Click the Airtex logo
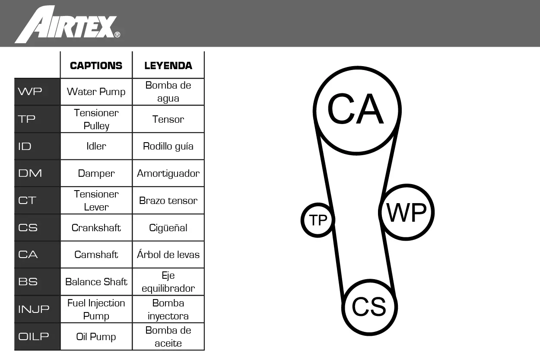coord(67,24)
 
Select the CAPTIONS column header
coord(96,66)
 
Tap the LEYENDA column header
coord(168,66)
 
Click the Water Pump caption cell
coord(96,92)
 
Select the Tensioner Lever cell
coord(96,201)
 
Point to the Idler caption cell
coord(96,146)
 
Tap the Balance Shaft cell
coord(96,282)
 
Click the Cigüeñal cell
coord(168,228)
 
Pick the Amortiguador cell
coord(168,173)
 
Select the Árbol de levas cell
coord(168,255)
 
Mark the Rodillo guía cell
coord(168,146)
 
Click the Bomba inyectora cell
coord(168,309)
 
